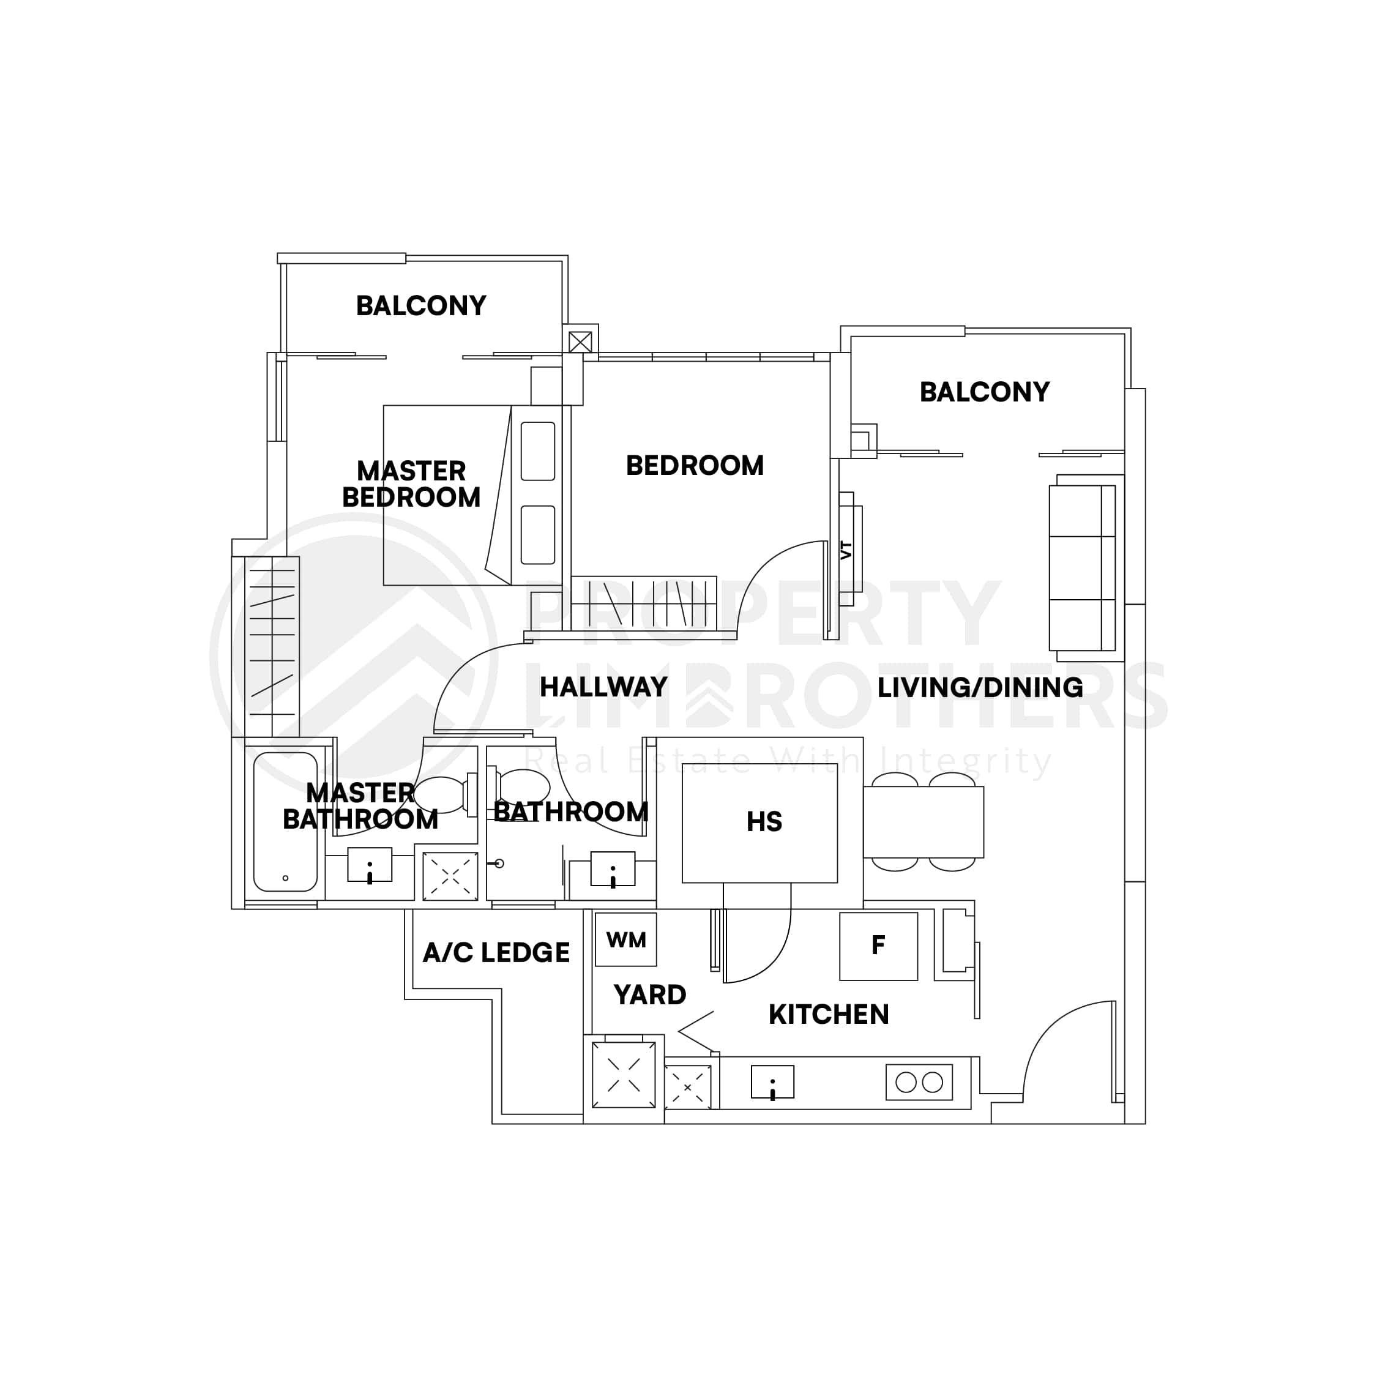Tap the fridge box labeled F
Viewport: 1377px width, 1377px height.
pos(878,946)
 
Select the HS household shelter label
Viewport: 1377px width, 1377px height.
pos(764,822)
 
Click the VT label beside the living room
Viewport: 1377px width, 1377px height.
pos(846,550)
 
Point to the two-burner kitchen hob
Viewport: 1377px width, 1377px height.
pos(919,1082)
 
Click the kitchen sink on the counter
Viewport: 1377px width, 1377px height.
pos(772,1082)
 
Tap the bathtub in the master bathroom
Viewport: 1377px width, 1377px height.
pos(285,822)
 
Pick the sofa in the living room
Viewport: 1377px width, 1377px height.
pos(1082,568)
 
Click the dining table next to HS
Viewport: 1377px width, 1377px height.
pos(923,822)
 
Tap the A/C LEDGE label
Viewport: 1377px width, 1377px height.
pos(496,952)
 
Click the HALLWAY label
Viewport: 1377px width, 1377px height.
pos(603,687)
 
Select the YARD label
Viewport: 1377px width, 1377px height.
pos(649,994)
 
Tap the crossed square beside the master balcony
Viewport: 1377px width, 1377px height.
pos(580,341)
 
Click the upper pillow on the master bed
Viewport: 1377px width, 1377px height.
pos(537,451)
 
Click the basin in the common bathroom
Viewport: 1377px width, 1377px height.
pos(612,870)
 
